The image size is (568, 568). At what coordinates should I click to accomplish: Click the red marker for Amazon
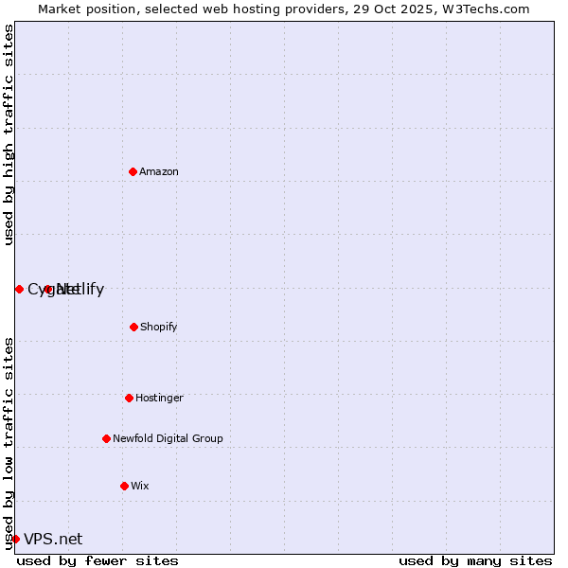pyautogui.click(x=133, y=171)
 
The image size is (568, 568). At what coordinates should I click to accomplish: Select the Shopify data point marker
pyautogui.click(x=133, y=327)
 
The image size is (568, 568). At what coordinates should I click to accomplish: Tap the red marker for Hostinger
pyautogui.click(x=129, y=398)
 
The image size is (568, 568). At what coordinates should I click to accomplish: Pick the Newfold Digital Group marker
pyautogui.click(x=106, y=438)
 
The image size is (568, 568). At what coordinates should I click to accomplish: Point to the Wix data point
pyautogui.click(x=124, y=486)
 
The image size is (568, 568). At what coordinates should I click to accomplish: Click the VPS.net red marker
pyautogui.click(x=15, y=539)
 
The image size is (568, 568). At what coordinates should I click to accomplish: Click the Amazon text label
pyautogui.click(x=159, y=171)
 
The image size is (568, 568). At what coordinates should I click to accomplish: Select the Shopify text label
pyautogui.click(x=159, y=327)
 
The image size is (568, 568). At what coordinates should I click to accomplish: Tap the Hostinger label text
pyautogui.click(x=159, y=398)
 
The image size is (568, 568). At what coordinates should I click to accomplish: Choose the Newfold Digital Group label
pyautogui.click(x=168, y=438)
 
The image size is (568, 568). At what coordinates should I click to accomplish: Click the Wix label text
pyautogui.click(x=140, y=486)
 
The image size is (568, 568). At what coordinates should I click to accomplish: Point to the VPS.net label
pyautogui.click(x=53, y=539)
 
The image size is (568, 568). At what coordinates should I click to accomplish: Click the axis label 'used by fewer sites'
pyautogui.click(x=98, y=560)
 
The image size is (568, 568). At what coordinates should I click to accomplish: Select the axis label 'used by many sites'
pyautogui.click(x=475, y=560)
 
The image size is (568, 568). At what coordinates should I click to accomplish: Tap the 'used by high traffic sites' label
pyautogui.click(x=9, y=134)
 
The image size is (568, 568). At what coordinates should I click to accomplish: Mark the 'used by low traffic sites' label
pyautogui.click(x=9, y=443)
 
